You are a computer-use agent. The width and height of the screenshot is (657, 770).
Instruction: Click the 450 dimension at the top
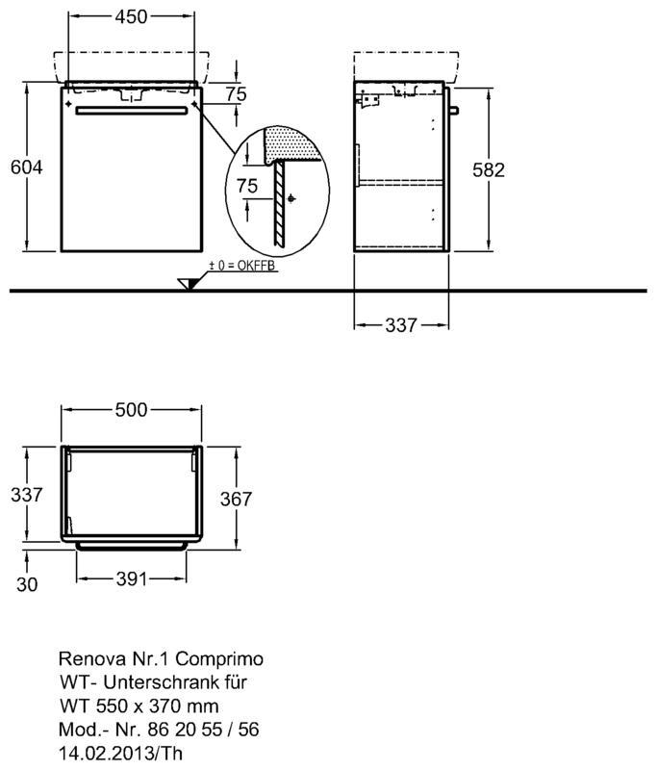point(131,16)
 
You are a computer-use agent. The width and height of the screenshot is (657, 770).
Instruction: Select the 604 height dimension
point(27,167)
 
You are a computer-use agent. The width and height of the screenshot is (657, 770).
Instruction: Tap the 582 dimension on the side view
point(489,170)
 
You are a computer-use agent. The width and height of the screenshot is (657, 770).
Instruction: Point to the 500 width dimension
point(131,410)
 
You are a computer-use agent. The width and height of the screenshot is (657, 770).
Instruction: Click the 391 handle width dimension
point(132,579)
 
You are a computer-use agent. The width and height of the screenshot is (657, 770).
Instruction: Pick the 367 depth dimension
point(236,499)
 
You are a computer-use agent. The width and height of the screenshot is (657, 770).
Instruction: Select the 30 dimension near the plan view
point(27,584)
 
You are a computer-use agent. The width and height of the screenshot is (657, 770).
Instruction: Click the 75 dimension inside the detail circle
point(247,186)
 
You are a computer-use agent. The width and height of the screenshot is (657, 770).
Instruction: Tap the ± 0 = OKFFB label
point(241,266)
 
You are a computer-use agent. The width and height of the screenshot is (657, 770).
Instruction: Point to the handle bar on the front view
point(132,111)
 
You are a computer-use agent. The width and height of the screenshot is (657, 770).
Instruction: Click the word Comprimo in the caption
point(219,659)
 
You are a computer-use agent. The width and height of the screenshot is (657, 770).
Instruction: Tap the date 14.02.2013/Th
point(120,753)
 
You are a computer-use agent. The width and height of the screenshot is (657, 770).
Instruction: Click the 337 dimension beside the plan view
point(27,495)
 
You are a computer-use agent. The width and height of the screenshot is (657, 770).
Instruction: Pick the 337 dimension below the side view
point(401,325)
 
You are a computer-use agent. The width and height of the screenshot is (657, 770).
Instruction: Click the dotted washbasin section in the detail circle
point(291,143)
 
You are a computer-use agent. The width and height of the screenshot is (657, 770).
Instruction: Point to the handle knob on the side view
point(454,111)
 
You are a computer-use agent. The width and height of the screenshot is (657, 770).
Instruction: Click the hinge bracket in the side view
point(369,101)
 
